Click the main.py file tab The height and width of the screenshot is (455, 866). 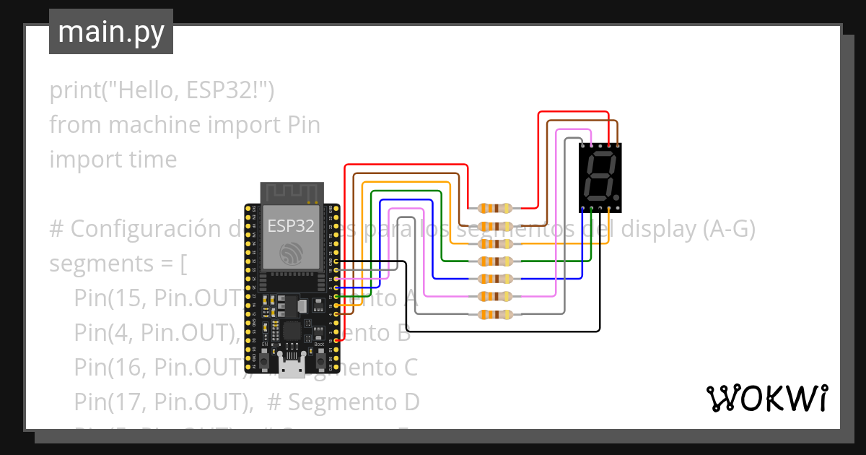110,32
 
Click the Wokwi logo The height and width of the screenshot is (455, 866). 766,398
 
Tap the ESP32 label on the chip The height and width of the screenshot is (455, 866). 291,225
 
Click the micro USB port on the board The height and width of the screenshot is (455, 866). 292,369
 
